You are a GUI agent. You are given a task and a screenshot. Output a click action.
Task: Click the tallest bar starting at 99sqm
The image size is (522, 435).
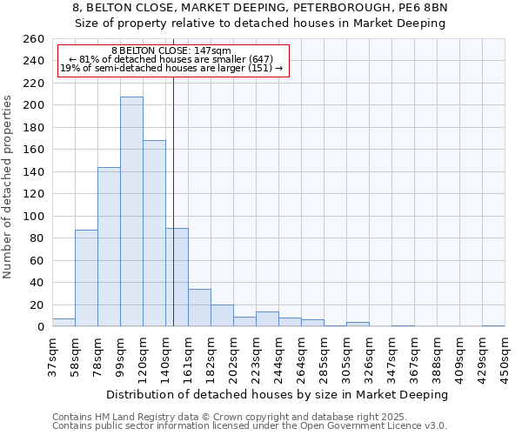click(x=131, y=211)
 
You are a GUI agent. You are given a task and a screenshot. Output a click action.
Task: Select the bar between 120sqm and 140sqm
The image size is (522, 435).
click(x=154, y=233)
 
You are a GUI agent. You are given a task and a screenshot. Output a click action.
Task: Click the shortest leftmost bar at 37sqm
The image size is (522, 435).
click(x=64, y=323)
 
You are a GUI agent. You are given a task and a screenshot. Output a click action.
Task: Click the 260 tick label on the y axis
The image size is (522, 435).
click(x=34, y=39)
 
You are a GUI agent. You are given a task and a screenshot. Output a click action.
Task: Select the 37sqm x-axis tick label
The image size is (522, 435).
click(x=53, y=355)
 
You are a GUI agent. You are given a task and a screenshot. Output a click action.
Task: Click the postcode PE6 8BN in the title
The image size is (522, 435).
click(x=422, y=8)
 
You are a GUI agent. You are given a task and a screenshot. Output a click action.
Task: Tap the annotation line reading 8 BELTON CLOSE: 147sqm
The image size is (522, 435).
click(x=171, y=51)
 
